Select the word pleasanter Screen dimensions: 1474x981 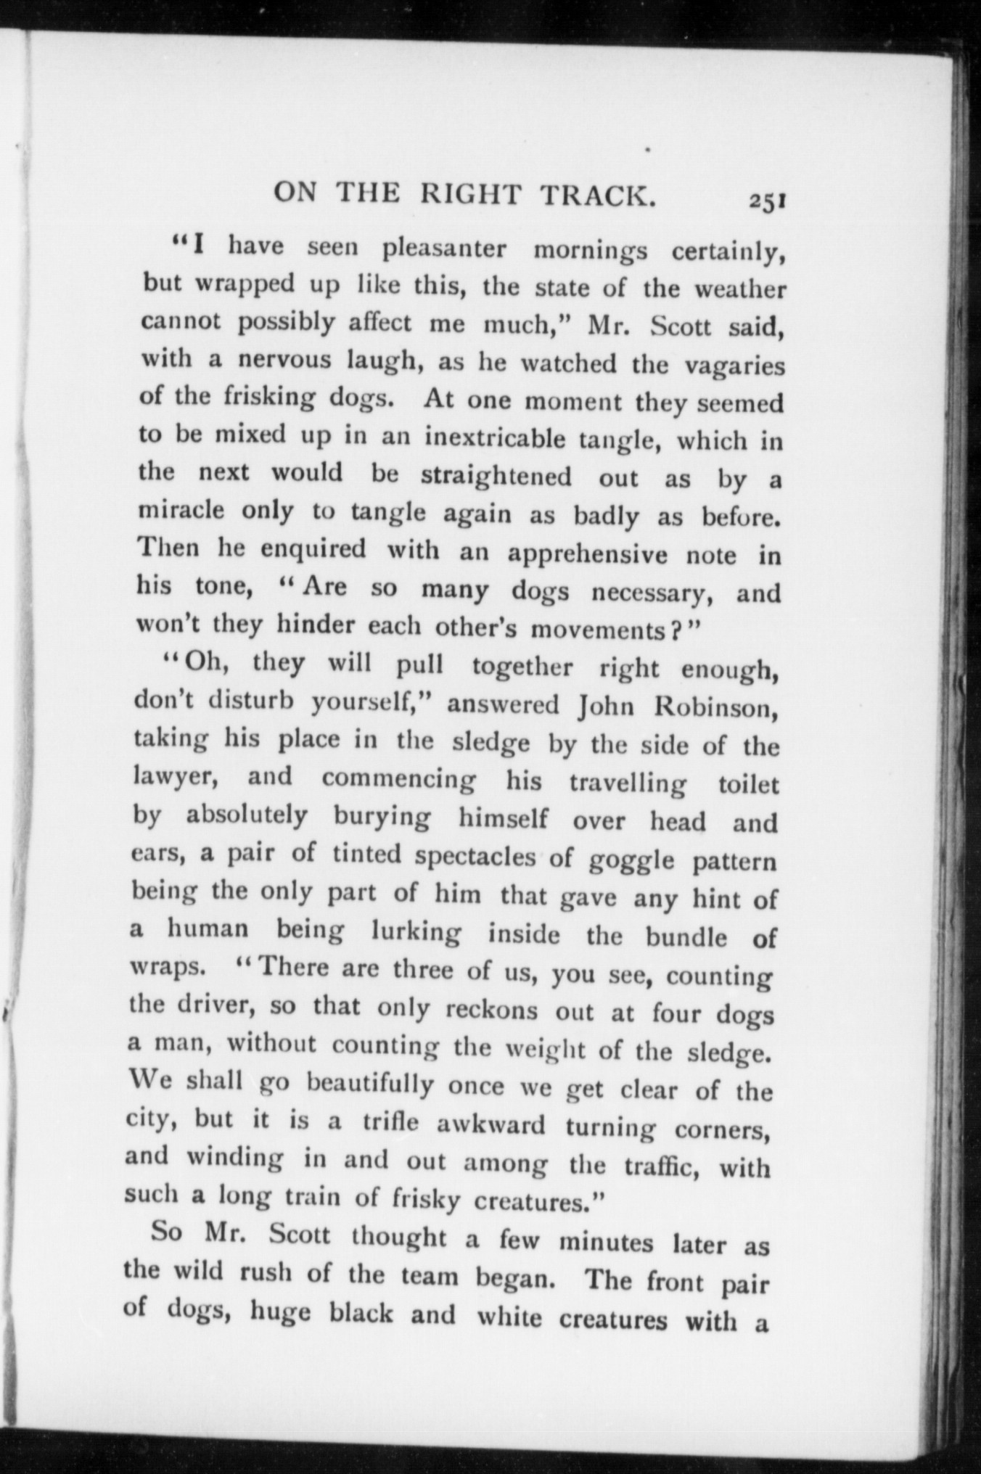(x=444, y=249)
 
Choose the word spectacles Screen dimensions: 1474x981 (x=475, y=857)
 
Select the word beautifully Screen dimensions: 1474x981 (x=370, y=1085)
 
